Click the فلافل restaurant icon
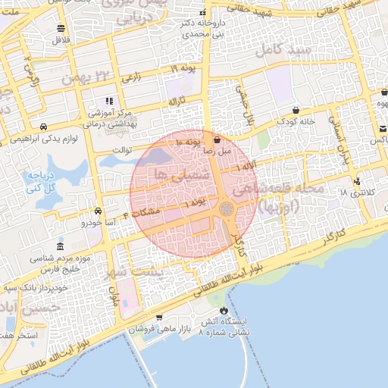point(60,28)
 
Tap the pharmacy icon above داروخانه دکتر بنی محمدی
point(202,14)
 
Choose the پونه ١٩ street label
point(183,69)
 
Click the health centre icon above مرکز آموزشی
point(109,100)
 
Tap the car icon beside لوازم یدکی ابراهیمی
point(45,127)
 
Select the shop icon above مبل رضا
point(217,139)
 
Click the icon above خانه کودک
point(295,109)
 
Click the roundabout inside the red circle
point(226,208)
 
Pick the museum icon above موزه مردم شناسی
point(60,246)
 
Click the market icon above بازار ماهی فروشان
point(158,318)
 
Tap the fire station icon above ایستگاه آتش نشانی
point(223,311)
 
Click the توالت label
point(122,150)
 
